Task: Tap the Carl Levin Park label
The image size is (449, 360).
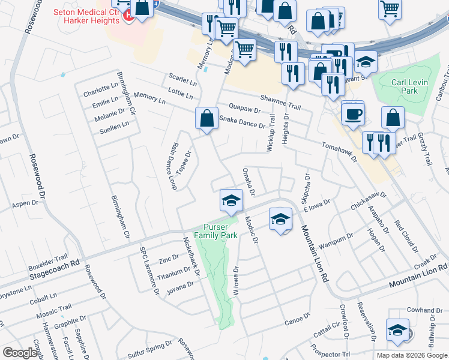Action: point(401,86)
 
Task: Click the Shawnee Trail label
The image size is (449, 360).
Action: point(280,102)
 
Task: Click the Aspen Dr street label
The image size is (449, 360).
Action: point(25,205)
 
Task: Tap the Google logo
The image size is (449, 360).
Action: point(20,353)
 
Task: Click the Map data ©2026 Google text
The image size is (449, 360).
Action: point(411,355)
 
